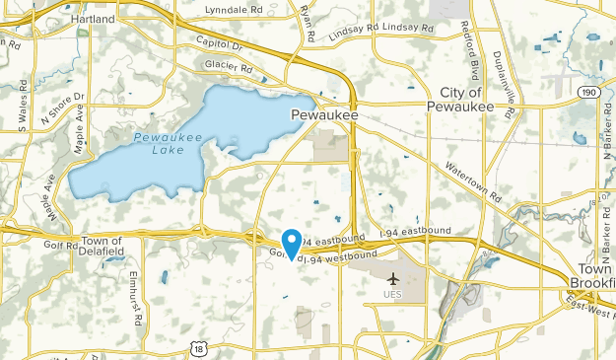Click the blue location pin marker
point(292,241)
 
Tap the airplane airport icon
point(394,279)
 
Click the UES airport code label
point(394,295)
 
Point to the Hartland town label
point(97,19)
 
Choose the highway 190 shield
point(589,92)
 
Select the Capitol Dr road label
point(219,44)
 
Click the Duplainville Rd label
point(505,85)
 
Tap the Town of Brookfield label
point(592,277)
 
